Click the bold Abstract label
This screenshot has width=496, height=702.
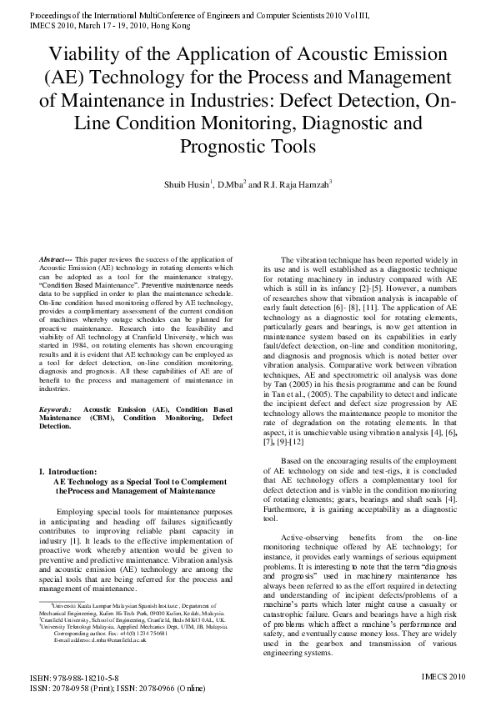pyautogui.click(x=57, y=261)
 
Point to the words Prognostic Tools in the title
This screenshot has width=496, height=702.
pyautogui.click(x=248, y=148)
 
